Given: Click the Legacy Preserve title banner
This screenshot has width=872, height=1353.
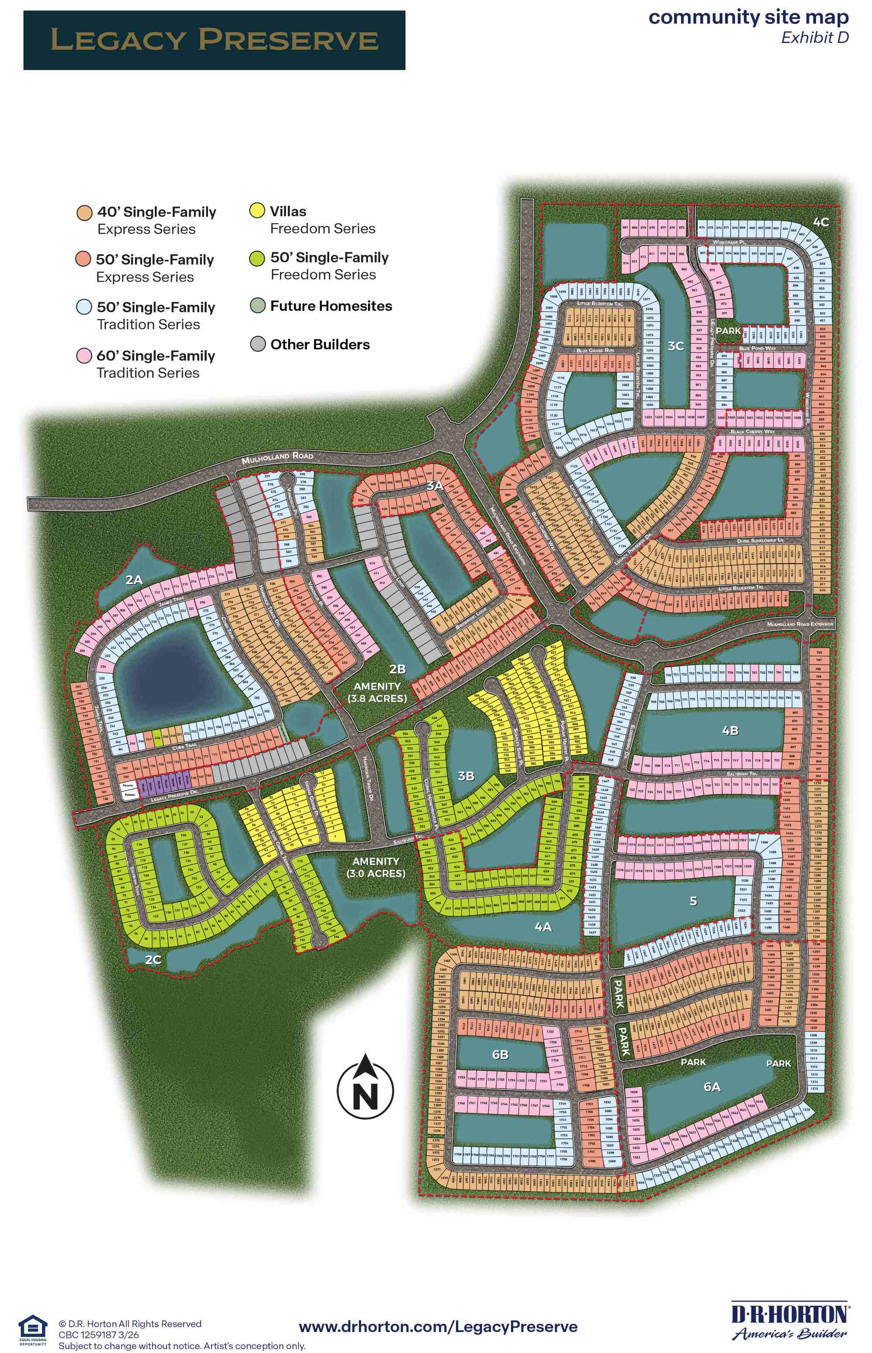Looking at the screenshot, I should (214, 40).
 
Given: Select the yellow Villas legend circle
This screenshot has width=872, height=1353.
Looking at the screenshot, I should (257, 211).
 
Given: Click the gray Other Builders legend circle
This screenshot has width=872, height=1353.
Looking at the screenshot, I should (258, 344).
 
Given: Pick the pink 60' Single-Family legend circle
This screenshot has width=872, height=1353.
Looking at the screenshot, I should (84, 355).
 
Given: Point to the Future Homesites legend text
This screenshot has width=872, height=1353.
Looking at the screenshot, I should (330, 306).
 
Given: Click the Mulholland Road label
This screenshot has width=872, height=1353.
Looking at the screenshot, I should (277, 457).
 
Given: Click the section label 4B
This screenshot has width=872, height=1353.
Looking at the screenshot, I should (730, 731).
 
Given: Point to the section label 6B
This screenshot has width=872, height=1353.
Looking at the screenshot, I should (500, 1054).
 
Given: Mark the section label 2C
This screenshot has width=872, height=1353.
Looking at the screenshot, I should (153, 959).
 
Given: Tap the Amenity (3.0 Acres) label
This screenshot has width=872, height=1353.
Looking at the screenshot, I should (376, 867).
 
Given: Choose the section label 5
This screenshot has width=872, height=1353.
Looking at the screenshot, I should (693, 901).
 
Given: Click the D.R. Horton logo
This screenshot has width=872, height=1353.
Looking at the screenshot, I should (790, 1322).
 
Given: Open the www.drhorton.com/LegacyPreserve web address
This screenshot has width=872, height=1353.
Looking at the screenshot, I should (438, 1326).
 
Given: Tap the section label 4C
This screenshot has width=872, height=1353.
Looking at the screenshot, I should (821, 222).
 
